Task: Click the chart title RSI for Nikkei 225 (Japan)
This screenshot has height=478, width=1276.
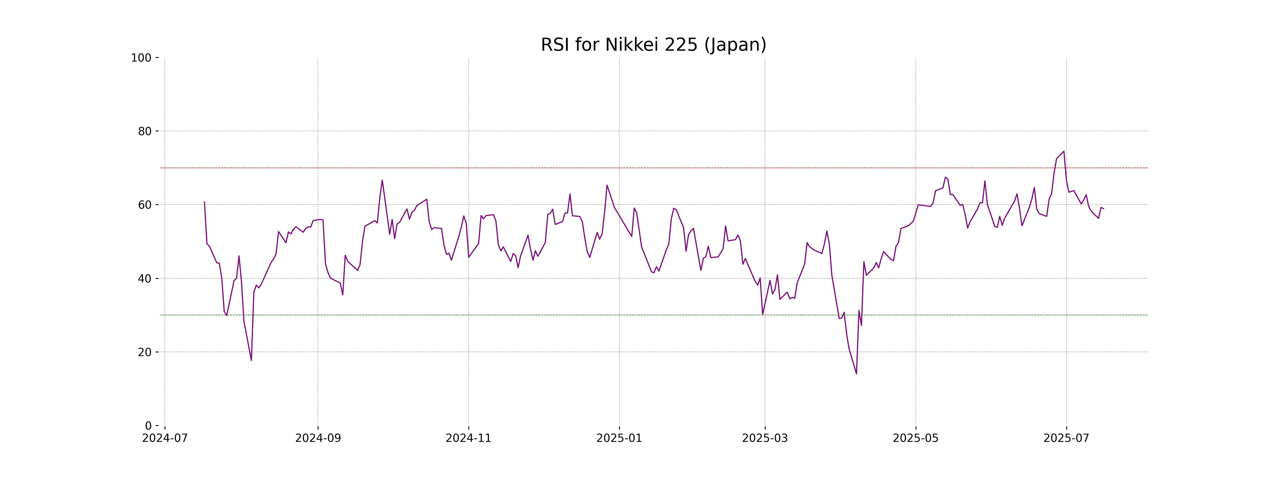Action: [653, 45]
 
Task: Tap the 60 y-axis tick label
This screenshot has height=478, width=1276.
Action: [145, 205]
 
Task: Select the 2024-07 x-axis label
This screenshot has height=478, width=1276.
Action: [165, 438]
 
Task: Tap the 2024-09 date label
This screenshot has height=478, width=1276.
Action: [318, 438]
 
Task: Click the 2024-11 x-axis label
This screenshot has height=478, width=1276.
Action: [469, 438]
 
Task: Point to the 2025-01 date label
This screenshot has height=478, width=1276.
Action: [619, 438]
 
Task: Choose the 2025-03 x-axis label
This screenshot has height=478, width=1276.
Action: [765, 438]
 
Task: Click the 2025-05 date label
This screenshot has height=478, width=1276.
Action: [915, 438]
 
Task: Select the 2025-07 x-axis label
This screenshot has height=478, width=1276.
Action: [1067, 438]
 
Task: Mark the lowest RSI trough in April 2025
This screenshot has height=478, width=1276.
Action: [857, 374]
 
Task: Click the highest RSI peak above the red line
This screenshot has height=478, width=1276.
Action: [1064, 151]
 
